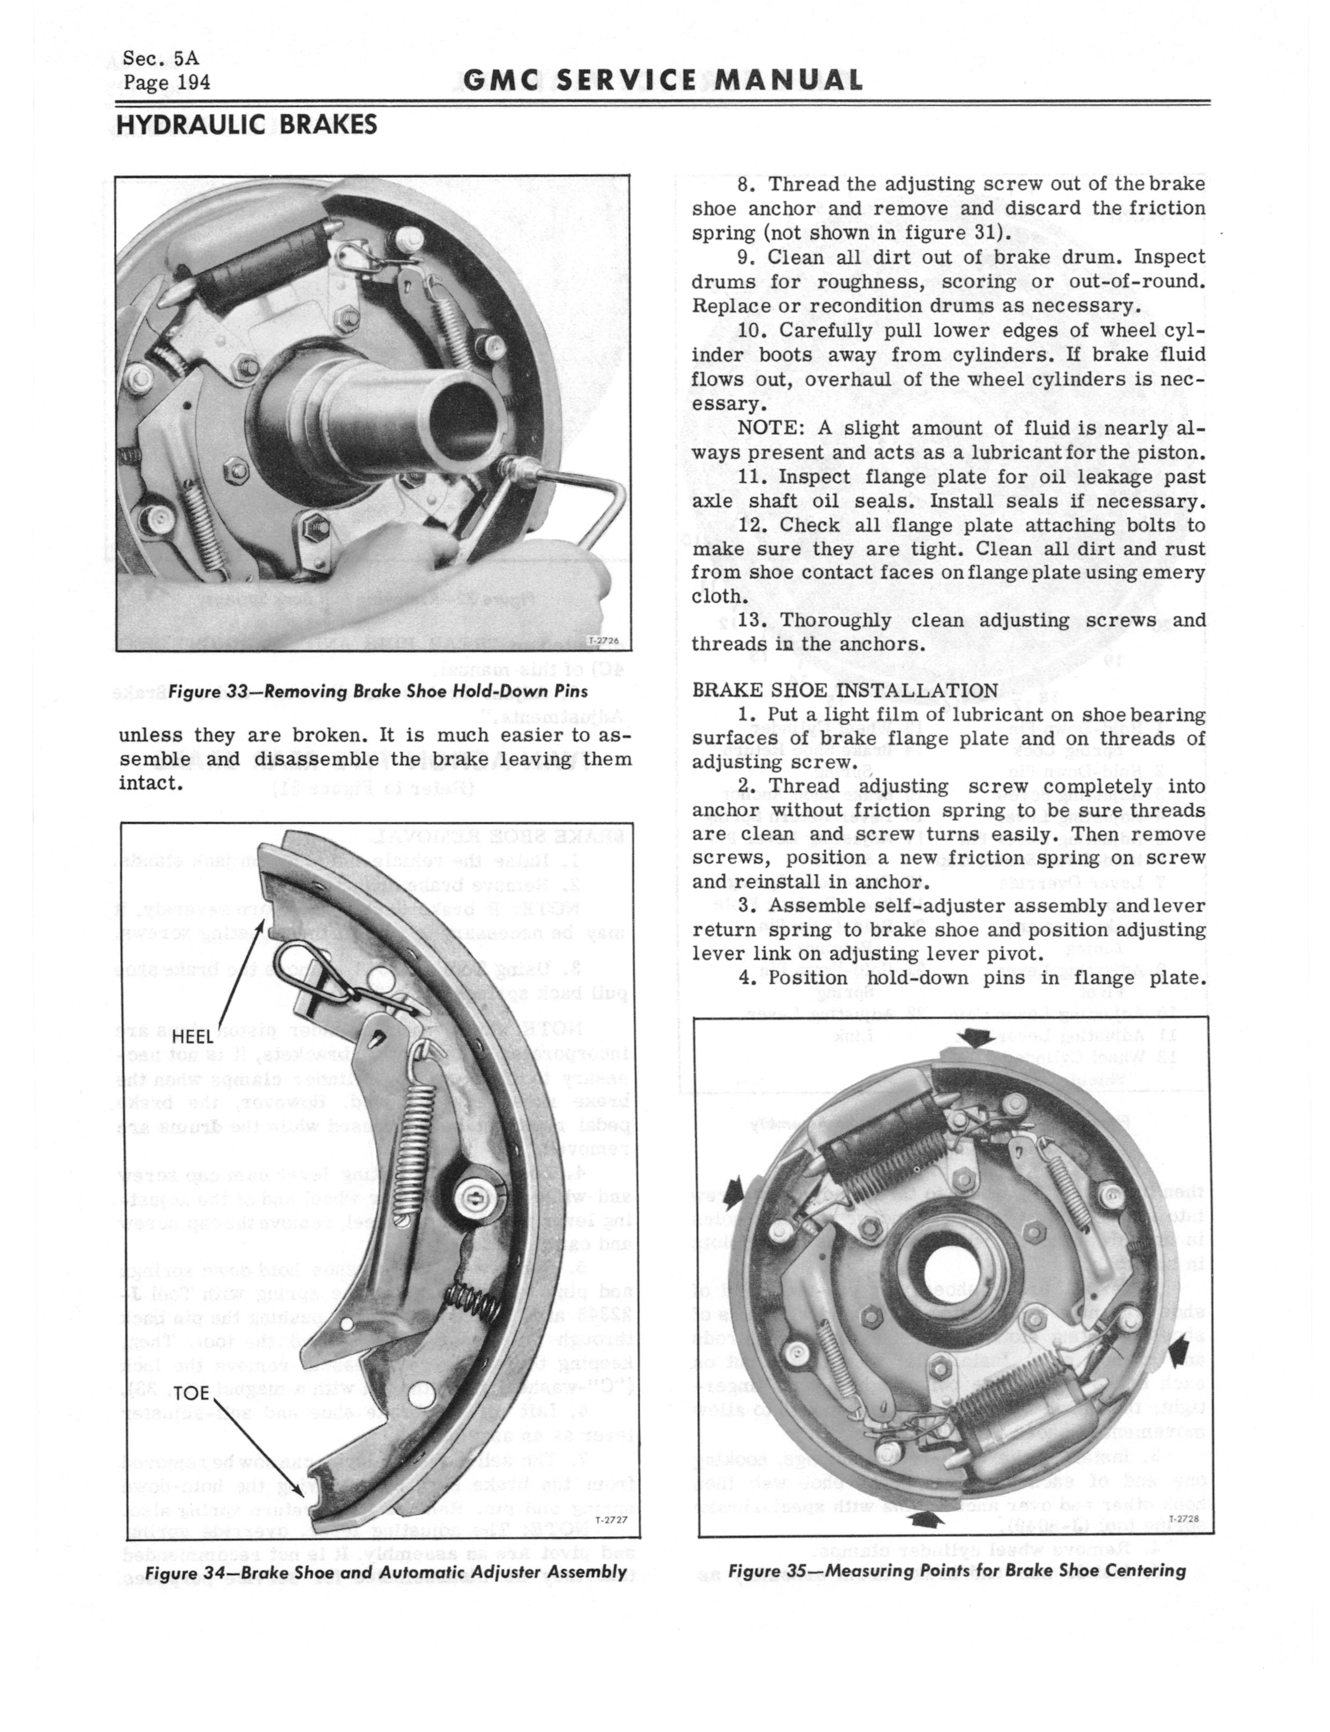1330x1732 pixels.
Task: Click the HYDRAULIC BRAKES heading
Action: (x=246, y=125)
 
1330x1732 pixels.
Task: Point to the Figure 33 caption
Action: (x=377, y=691)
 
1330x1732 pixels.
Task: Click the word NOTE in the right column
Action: (x=765, y=428)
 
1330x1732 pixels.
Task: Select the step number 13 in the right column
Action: (x=753, y=621)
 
